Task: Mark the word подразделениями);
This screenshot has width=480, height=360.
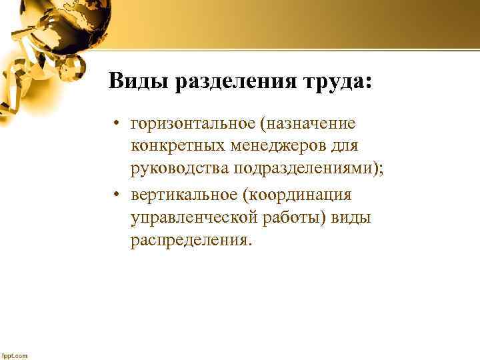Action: point(309,167)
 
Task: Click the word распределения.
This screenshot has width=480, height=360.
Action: point(192,239)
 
